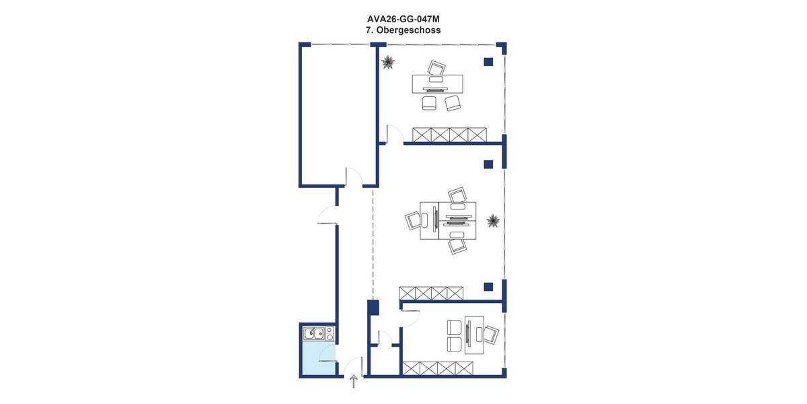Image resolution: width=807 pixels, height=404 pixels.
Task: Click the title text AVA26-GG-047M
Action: pos(403,20)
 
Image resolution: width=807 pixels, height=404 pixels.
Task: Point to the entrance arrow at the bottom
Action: pos(354,382)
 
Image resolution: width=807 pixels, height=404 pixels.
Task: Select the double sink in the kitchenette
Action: pos(313,333)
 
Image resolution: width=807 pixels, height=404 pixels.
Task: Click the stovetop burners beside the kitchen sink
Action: pos(330,333)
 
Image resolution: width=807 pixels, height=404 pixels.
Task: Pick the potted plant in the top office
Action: pos(387,63)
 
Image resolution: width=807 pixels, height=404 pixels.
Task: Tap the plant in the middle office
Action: pos(493,220)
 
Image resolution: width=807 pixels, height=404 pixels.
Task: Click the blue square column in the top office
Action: pos(488,62)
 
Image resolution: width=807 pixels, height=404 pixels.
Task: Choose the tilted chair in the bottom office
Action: pos(492,334)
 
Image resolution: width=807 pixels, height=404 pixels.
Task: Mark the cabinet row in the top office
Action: pos(449,134)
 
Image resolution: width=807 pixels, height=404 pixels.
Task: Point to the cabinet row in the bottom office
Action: pos(438,368)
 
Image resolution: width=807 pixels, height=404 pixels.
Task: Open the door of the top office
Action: pos(394,135)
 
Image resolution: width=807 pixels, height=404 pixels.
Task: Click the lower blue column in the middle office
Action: pos(489,285)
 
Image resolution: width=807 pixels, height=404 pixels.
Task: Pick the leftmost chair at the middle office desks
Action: pos(412,220)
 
